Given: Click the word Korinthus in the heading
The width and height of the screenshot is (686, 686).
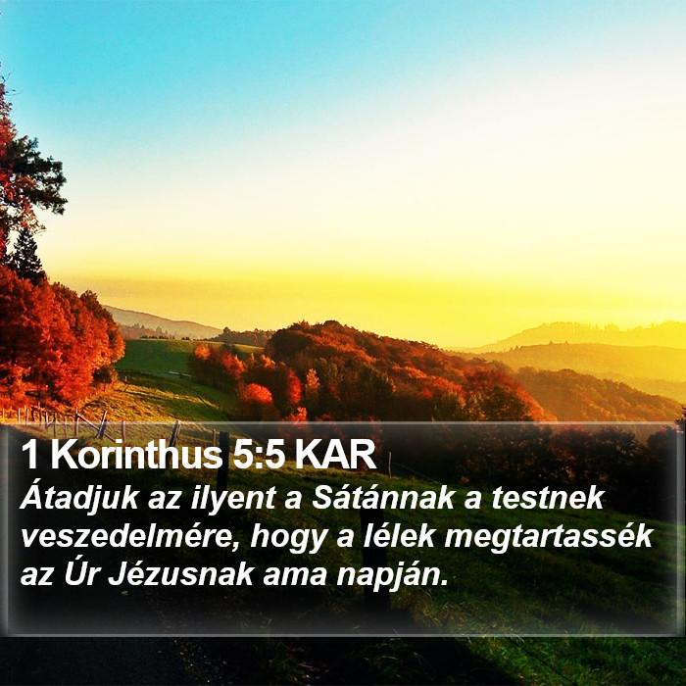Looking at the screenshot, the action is [136, 454].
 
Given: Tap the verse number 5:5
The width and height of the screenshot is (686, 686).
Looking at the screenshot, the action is [259, 455].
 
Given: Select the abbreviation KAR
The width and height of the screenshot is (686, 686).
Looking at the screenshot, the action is [335, 455].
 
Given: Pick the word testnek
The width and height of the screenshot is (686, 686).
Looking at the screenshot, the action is [548, 499].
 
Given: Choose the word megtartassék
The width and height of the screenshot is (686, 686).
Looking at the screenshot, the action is [549, 538].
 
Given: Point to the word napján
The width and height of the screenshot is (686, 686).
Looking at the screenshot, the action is [392, 576].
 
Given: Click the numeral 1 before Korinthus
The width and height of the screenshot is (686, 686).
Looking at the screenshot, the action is [29, 455].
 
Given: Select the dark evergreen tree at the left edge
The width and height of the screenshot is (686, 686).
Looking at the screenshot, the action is [27, 256].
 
